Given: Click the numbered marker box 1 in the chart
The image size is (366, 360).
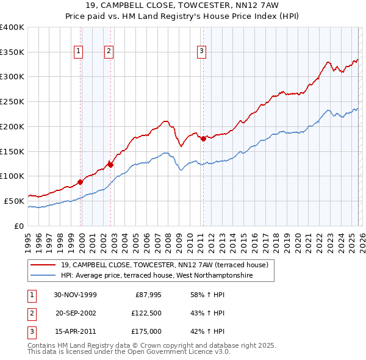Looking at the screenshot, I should click(x=79, y=52).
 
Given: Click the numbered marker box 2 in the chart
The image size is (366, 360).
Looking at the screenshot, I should click(x=109, y=52).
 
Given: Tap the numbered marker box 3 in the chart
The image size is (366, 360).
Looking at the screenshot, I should click(x=201, y=52).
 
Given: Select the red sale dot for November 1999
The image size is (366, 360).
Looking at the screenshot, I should click(x=81, y=182).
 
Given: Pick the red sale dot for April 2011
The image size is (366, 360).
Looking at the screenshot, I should click(x=203, y=139).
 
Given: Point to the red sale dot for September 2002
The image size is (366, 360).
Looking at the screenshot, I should click(x=110, y=164).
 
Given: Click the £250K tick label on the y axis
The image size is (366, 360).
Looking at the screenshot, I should click(x=12, y=102).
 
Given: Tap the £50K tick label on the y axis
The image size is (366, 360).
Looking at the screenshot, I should click(x=15, y=201).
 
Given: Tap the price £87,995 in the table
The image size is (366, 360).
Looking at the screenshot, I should click(x=145, y=295).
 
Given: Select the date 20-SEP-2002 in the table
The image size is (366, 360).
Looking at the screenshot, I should click(x=75, y=313).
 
